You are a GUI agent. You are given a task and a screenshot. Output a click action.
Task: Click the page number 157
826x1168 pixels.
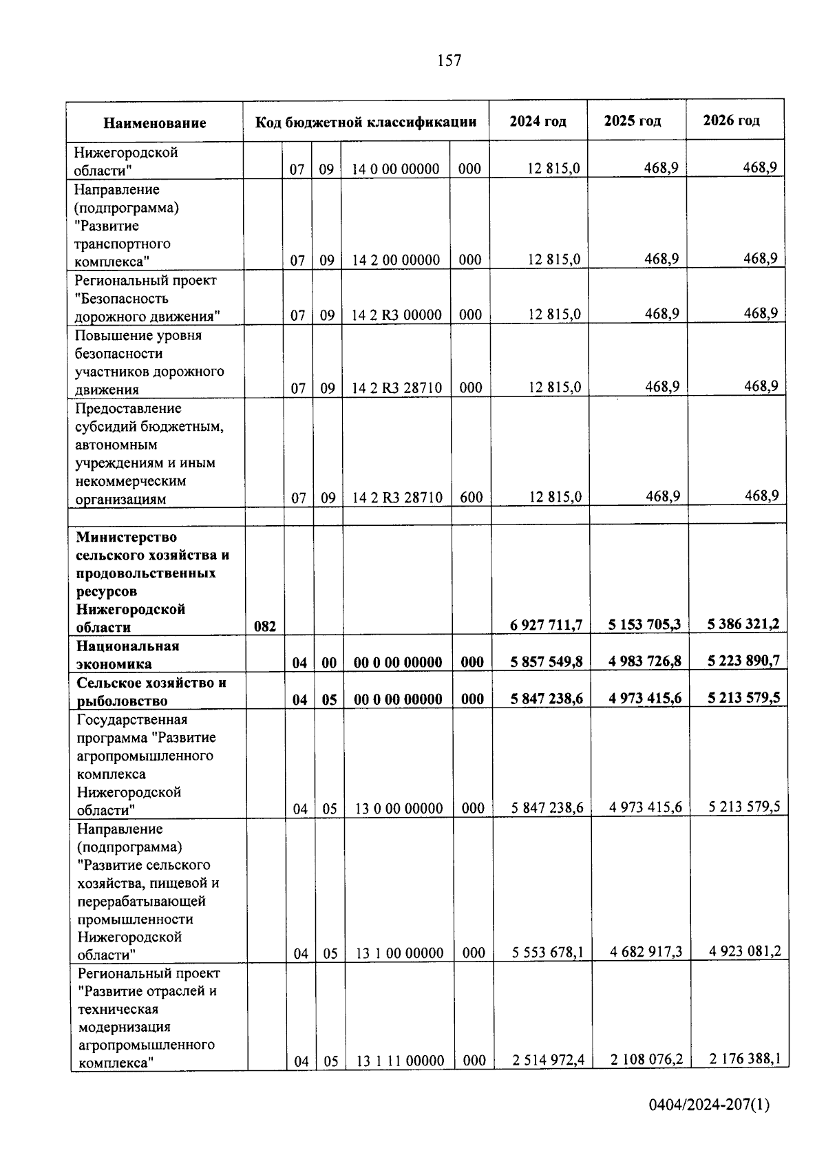[x=449, y=61]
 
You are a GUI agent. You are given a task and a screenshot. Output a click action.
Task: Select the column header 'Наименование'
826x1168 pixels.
[x=155, y=123]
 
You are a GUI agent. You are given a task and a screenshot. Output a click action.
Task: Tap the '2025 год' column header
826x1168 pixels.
[x=633, y=121]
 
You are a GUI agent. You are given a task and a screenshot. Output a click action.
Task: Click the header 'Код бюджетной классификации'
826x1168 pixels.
[x=366, y=123]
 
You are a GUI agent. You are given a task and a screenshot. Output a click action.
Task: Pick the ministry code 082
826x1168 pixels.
[x=265, y=626]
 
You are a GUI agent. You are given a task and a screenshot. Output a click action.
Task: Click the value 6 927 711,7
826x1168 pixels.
[x=547, y=624]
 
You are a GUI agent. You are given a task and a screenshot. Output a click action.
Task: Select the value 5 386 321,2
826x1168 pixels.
[x=743, y=624]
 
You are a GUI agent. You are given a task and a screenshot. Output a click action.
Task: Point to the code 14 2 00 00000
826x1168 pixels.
[x=396, y=260]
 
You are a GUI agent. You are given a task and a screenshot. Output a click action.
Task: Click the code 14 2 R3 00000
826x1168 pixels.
[x=396, y=315]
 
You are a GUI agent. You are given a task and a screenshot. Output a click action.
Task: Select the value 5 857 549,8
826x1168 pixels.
[x=547, y=661]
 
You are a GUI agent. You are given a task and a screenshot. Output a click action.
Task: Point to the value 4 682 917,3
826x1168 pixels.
[x=646, y=952]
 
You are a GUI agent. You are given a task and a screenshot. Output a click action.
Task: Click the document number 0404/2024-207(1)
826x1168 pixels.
[x=709, y=1105]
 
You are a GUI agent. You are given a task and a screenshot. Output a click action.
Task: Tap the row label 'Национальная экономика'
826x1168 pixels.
[x=128, y=655]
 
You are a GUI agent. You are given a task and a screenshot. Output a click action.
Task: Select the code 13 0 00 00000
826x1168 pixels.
[x=399, y=809]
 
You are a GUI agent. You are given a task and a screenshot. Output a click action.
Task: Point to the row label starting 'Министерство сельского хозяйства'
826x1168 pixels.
[x=153, y=582]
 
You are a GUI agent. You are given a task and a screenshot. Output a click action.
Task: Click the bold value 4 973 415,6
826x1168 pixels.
[x=645, y=698]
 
